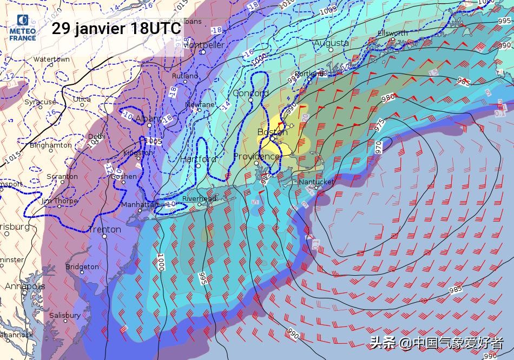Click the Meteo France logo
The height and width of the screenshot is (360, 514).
click(23, 28)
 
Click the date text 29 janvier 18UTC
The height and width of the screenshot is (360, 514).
click(116, 29)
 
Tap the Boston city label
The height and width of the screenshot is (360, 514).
click(269, 132)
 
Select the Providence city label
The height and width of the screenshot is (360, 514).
click(256, 156)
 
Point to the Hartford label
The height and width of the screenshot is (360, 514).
click(198, 159)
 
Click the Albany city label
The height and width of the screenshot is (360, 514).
click(148, 118)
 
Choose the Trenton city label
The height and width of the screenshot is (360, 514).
click(104, 229)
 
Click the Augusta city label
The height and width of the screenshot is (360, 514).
click(331, 43)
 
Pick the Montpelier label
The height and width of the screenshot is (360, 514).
click(203, 45)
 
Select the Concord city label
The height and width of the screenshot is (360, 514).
click(251, 93)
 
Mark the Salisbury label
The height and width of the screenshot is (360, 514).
click(65, 315)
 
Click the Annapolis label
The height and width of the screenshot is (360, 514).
click(25, 286)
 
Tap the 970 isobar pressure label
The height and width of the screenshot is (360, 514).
click(379, 145)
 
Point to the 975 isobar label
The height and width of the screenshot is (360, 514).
click(379, 124)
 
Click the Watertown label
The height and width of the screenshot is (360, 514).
click(51, 59)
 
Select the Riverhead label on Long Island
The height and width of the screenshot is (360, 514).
click(199, 198)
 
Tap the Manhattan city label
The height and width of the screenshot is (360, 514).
click(140, 205)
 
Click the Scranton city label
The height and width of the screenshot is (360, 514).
click(62, 177)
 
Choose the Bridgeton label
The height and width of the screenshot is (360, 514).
click(82, 266)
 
